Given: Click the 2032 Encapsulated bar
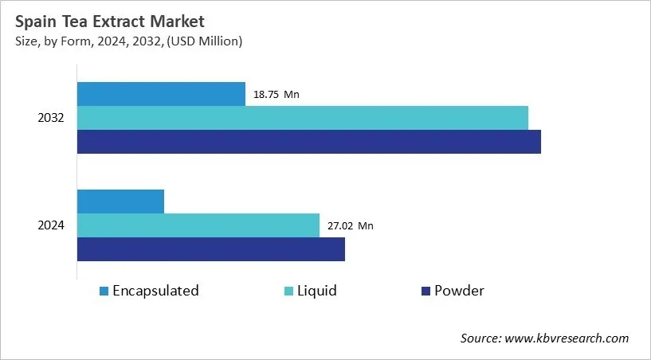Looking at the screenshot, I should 161,94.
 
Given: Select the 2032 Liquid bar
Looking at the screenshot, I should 302,118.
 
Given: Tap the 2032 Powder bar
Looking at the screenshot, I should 308,142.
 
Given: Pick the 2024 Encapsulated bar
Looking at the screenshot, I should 120,202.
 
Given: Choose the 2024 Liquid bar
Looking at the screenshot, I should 198,225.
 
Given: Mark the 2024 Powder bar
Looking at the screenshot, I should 210,249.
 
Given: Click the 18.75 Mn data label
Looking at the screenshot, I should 276,95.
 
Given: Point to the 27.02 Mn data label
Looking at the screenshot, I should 350,226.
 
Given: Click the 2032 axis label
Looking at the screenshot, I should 51,118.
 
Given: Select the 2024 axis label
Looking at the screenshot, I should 51,225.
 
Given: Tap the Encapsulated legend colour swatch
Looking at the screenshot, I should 104,292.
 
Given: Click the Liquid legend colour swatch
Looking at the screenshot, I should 288,292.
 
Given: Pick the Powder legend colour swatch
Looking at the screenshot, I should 426,292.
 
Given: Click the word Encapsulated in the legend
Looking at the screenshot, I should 155,291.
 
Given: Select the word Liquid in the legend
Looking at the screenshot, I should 317,291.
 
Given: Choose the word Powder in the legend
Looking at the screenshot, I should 459,291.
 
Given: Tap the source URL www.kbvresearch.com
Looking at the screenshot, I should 567,338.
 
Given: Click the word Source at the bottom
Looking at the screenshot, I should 480,338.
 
